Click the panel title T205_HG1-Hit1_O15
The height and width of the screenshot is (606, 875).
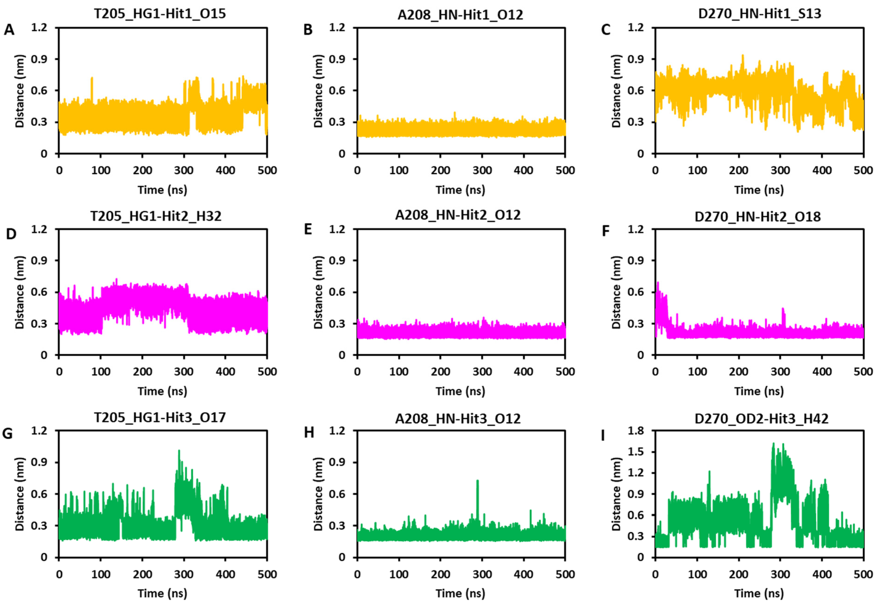[x=159, y=14]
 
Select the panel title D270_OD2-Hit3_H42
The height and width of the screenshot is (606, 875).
[x=761, y=418]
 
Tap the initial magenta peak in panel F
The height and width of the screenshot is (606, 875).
[x=658, y=283]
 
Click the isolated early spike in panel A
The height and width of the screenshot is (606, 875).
[x=92, y=78]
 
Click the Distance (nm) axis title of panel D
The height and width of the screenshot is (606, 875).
[x=20, y=292]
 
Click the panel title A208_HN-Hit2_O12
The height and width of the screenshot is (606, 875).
[x=458, y=215]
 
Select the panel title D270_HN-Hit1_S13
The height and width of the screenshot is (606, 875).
[x=760, y=14]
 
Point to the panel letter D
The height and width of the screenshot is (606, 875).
[x=11, y=234]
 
